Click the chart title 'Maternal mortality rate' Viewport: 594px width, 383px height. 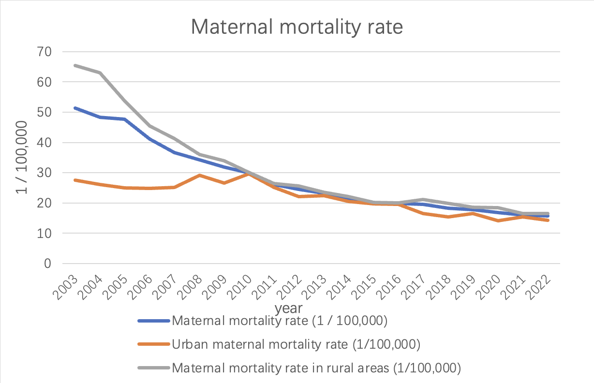coord(297,27)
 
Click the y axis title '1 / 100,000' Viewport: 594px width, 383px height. coord(21,157)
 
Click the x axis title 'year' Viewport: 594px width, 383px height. coord(289,308)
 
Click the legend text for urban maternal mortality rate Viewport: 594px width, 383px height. coord(296,344)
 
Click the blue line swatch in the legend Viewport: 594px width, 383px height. coord(153,321)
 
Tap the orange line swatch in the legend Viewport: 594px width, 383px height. coord(153,344)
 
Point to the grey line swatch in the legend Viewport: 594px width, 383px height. coord(153,368)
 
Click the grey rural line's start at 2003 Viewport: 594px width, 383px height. coord(74,65)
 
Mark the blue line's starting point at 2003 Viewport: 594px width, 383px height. coord(74,108)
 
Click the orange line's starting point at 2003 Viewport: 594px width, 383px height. coord(74,180)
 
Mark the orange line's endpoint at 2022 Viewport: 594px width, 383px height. coord(548,220)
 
